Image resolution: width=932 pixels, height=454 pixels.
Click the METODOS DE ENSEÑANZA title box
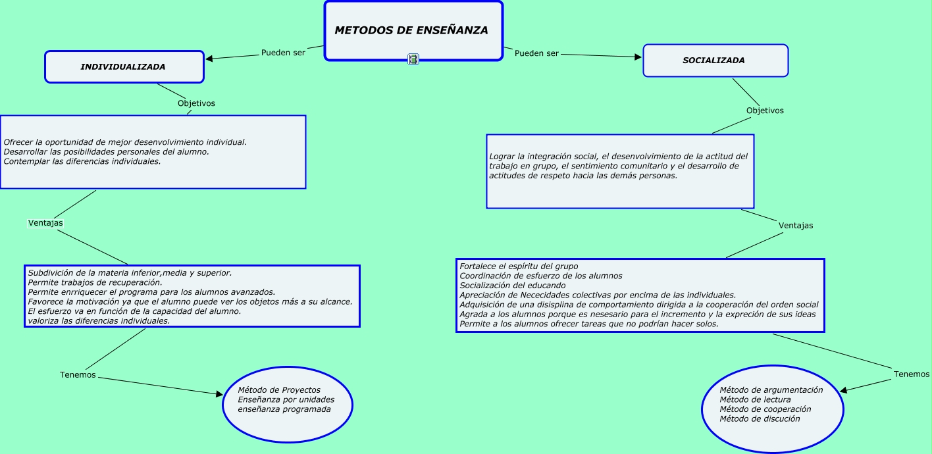[x=412, y=30]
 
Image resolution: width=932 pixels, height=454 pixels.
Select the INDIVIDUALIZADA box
[x=124, y=67]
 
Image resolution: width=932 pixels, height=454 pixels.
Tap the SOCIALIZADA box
[x=715, y=61]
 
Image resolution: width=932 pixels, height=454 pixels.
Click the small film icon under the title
[x=413, y=59]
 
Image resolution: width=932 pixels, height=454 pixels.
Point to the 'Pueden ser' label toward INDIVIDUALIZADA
[x=283, y=53]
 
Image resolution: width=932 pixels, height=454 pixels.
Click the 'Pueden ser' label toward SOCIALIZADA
[x=536, y=53]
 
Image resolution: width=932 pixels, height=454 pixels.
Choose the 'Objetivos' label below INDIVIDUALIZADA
[x=196, y=103]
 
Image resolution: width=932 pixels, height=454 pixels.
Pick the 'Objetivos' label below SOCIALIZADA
[x=765, y=111]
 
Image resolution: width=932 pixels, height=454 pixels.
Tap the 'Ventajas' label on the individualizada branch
[x=45, y=223]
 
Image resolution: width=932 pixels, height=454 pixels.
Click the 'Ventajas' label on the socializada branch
[x=796, y=226]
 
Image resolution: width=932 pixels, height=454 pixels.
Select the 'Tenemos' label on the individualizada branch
[x=78, y=375]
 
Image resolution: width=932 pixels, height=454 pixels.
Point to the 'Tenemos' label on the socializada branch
[x=912, y=374]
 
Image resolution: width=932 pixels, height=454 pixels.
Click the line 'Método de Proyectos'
[x=279, y=390]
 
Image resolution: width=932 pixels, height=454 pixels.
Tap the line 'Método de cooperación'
[x=765, y=409]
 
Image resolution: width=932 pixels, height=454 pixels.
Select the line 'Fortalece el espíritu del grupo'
[x=519, y=266]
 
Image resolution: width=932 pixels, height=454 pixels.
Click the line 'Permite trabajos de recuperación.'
[x=94, y=282]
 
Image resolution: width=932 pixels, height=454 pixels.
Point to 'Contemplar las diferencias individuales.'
[x=82, y=161]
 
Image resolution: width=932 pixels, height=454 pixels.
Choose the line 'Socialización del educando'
[x=512, y=286]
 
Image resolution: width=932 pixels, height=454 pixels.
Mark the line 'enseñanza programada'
[x=284, y=409]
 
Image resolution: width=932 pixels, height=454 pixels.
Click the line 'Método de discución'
[x=760, y=418]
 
